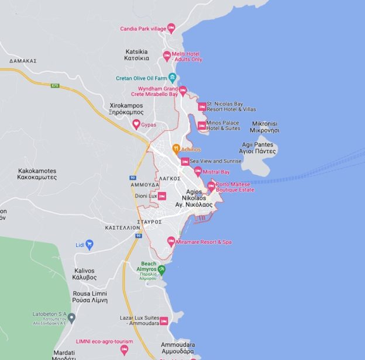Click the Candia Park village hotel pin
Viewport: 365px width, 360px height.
[171, 27]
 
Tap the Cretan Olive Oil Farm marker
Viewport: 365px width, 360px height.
[172, 77]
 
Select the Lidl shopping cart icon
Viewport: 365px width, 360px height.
[89, 244]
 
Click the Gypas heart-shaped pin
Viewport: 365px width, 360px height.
[136, 124]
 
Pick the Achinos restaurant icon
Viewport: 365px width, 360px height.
[175, 148]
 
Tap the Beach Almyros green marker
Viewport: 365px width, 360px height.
[161, 269]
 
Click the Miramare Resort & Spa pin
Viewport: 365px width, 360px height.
[171, 241]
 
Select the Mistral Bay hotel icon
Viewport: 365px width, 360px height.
[198, 171]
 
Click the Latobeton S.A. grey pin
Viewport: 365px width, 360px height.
[71, 318]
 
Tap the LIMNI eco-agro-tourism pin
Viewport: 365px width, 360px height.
[124, 349]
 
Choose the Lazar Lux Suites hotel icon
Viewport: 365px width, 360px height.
[164, 321]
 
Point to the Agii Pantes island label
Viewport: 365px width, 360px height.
[258, 148]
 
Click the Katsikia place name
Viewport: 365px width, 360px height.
[136, 55]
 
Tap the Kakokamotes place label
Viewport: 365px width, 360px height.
[37, 174]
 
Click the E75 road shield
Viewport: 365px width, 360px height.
[55, 85]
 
